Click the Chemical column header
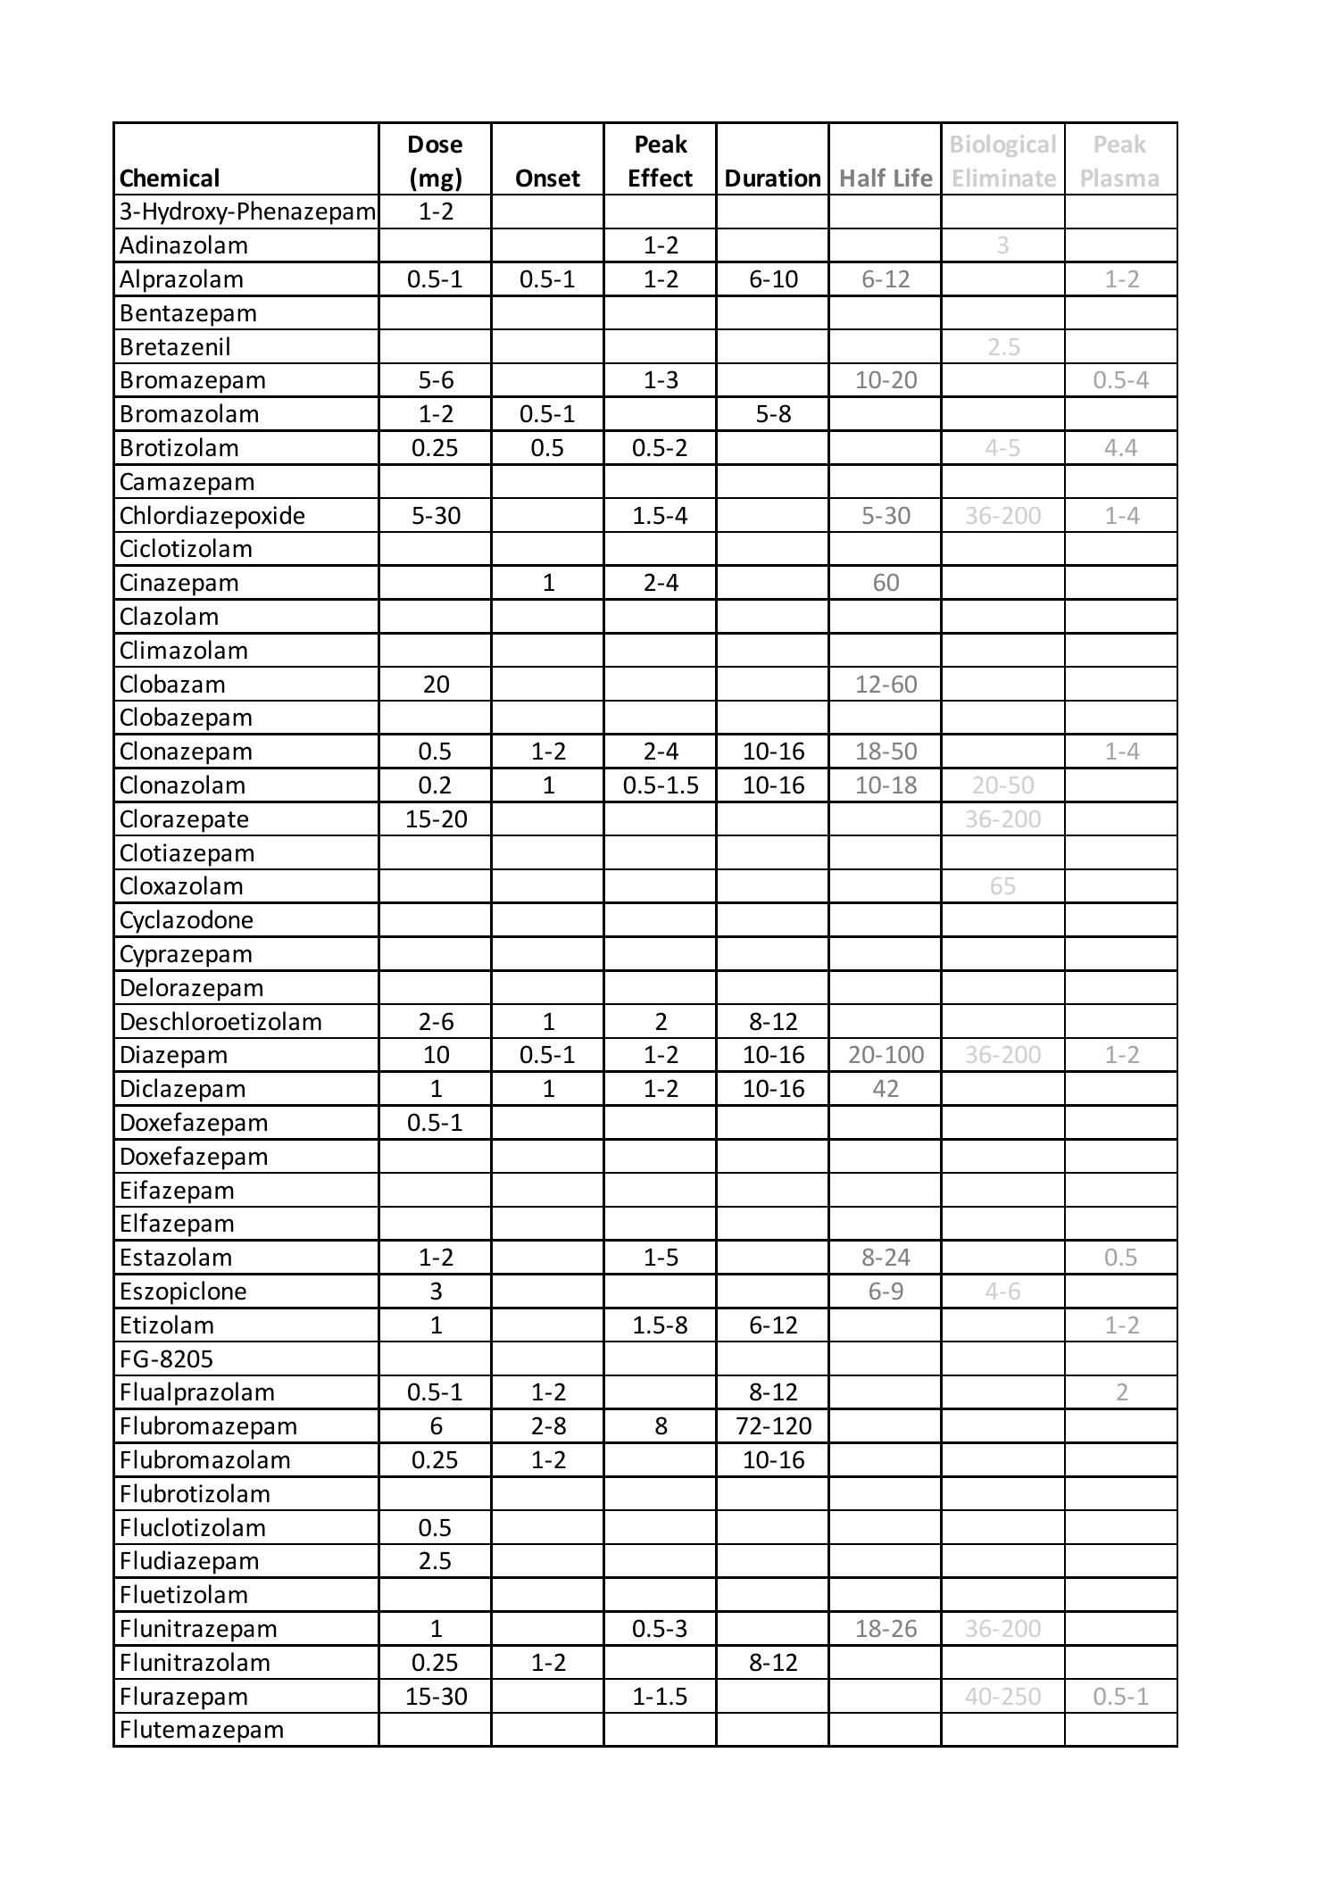(170, 179)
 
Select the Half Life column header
(886, 179)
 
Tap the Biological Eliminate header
(1002, 162)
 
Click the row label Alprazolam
(181, 279)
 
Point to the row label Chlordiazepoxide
(212, 516)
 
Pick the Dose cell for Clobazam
(436, 685)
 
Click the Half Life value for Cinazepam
(886, 583)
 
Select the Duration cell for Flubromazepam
(773, 1426)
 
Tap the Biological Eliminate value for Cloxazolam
(1002, 886)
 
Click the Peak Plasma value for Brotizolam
(1120, 448)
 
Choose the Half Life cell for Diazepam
(886, 1055)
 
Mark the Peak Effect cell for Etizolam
(660, 1325)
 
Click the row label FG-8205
(166, 1359)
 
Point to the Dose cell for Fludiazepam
(436, 1561)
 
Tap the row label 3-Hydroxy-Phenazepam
(247, 212)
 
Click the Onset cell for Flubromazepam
(548, 1426)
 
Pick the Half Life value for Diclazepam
(886, 1089)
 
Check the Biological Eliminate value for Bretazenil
(1002, 347)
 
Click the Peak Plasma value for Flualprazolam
(1121, 1392)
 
